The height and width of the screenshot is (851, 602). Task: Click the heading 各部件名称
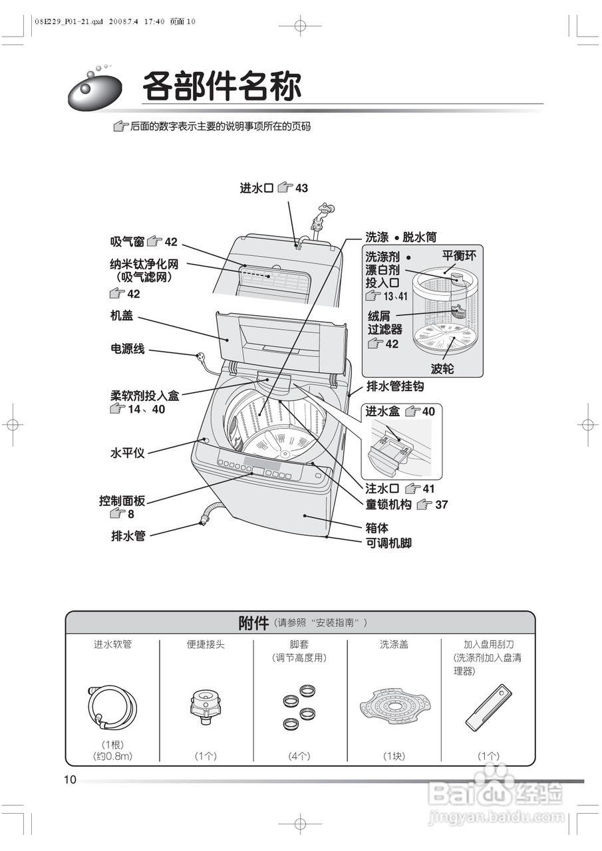222,86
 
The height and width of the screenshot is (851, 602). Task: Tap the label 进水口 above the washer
257,188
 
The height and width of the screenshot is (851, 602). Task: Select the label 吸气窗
128,242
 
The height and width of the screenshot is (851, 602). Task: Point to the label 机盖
122,316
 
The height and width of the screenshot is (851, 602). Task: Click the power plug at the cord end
199,357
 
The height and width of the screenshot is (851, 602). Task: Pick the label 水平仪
127,453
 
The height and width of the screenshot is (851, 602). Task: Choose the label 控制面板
122,501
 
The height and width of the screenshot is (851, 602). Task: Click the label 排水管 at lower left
128,535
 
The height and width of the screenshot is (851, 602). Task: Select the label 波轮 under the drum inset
442,369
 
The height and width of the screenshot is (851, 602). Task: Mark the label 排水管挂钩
395,386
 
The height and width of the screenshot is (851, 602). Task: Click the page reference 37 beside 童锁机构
442,505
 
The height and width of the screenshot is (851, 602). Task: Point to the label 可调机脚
389,543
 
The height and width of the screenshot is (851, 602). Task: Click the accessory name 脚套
299,644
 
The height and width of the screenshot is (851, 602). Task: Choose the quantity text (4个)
299,756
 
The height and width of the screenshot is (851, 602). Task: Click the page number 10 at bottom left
71,780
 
